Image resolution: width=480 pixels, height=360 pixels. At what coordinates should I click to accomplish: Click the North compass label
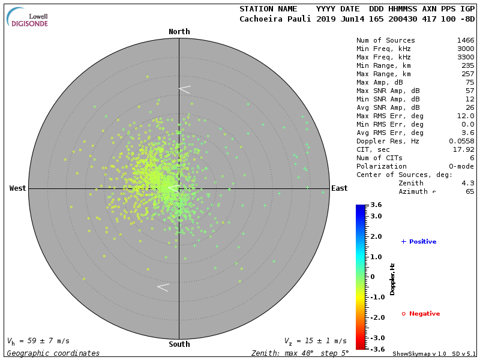(179, 32)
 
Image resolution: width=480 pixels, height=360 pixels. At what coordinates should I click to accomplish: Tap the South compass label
(179, 344)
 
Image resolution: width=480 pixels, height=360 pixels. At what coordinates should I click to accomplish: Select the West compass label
(17, 188)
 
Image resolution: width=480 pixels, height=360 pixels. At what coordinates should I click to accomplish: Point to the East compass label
(340, 188)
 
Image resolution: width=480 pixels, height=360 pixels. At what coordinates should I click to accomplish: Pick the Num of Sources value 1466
(466, 40)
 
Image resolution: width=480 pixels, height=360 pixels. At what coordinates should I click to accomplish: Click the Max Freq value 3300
(466, 57)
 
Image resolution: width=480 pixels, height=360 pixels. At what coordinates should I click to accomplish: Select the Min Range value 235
(468, 65)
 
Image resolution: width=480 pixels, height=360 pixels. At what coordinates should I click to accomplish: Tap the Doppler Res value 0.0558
(461, 141)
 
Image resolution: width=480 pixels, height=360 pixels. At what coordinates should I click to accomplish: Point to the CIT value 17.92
(464, 149)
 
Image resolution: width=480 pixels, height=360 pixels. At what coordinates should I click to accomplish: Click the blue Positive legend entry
(419, 242)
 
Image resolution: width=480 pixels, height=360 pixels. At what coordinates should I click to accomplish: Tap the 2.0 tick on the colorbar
(376, 236)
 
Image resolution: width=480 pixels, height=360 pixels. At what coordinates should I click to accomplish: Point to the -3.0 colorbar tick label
(376, 338)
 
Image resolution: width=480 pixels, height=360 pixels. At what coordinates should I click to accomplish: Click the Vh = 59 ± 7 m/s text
(38, 341)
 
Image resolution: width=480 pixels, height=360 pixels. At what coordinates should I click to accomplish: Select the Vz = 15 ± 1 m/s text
(315, 341)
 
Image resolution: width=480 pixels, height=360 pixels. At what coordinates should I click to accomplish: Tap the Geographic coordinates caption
(53, 353)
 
